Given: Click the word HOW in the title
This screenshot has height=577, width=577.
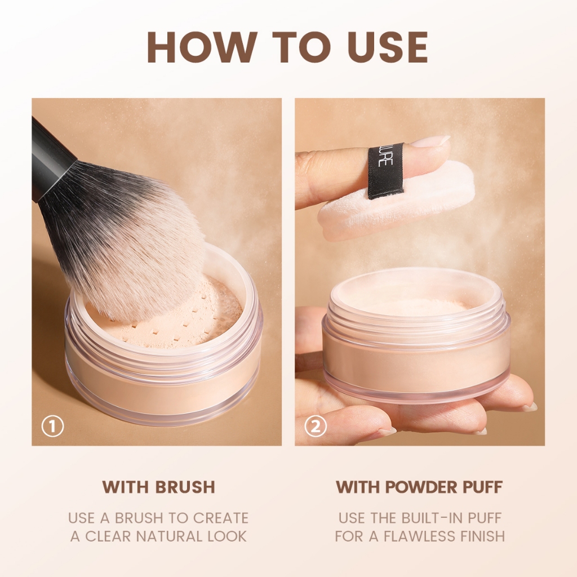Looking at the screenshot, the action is (202, 47).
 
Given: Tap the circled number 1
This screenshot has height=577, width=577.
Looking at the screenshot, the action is (52, 426).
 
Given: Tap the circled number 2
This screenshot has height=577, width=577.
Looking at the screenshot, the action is (316, 426).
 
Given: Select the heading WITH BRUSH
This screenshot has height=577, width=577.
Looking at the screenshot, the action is (158, 487).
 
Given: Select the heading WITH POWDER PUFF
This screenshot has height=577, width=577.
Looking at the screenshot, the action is (419, 487).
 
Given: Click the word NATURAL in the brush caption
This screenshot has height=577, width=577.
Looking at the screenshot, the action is (169, 536).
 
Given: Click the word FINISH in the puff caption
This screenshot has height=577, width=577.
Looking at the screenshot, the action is (485, 536).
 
